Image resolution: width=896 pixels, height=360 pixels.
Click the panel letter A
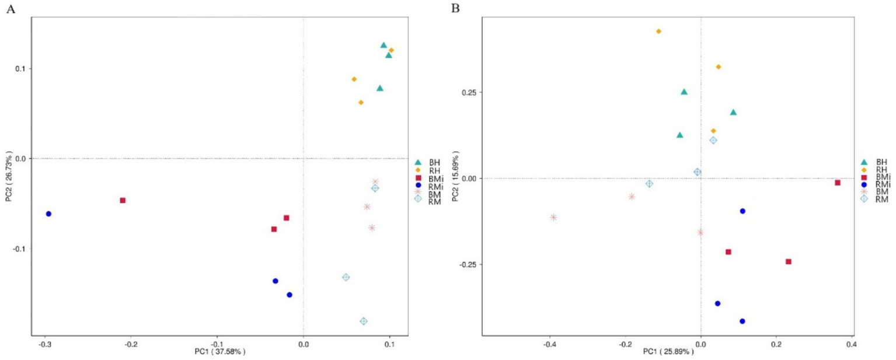[10, 8]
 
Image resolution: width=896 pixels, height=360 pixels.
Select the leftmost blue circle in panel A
[48, 214]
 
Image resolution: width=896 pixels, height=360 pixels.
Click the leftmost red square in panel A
[123, 200]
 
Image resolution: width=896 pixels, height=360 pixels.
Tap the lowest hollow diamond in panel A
[364, 321]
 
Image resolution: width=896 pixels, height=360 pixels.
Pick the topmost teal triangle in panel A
[383, 45]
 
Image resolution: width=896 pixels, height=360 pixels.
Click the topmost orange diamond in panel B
[658, 31]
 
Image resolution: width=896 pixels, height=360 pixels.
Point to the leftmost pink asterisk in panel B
[553, 217]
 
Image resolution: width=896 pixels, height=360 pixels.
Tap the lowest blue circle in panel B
[742, 321]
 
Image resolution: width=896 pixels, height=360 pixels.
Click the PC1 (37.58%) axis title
[220, 352]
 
